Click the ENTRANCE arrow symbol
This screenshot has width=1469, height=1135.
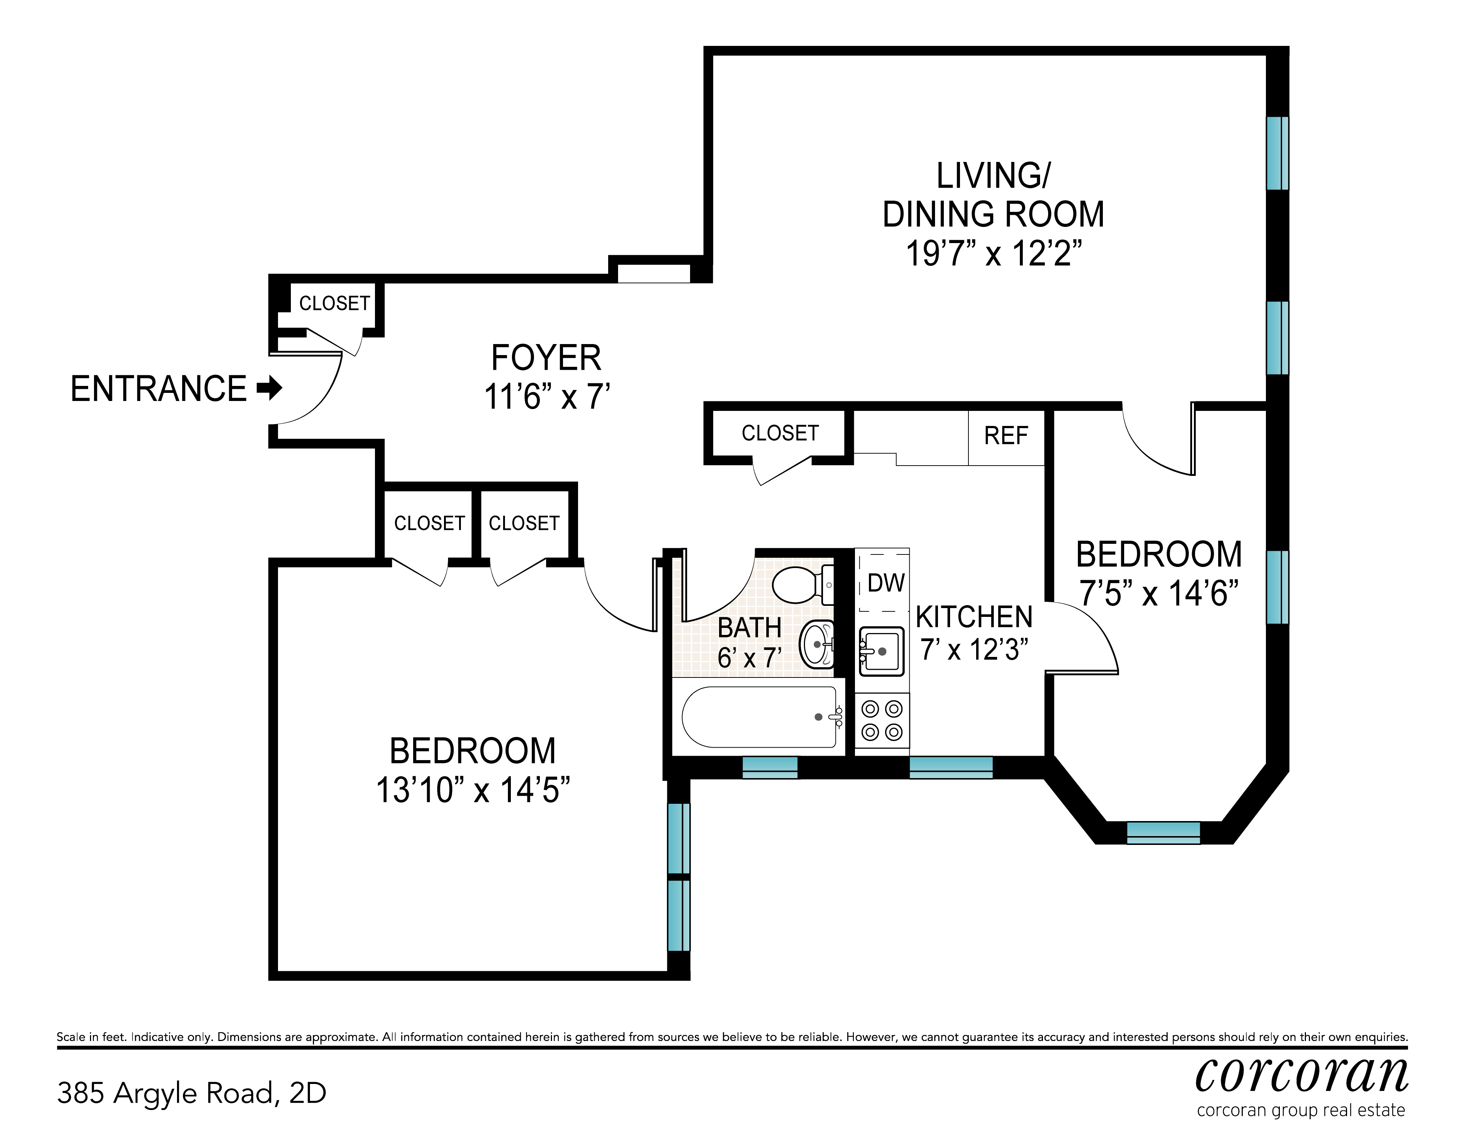(x=270, y=388)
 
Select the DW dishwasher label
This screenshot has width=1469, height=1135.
(x=886, y=583)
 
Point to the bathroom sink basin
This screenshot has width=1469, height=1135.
(x=816, y=644)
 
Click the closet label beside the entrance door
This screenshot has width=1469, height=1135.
(x=334, y=304)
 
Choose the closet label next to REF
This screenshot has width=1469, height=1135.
(x=780, y=433)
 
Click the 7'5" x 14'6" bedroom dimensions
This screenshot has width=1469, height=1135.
(x=1159, y=594)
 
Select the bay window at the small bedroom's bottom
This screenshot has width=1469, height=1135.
(x=1163, y=832)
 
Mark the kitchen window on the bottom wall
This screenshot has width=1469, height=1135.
(x=951, y=767)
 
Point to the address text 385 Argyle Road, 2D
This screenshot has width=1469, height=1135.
(x=192, y=1093)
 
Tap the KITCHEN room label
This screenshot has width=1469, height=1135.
(x=974, y=617)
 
